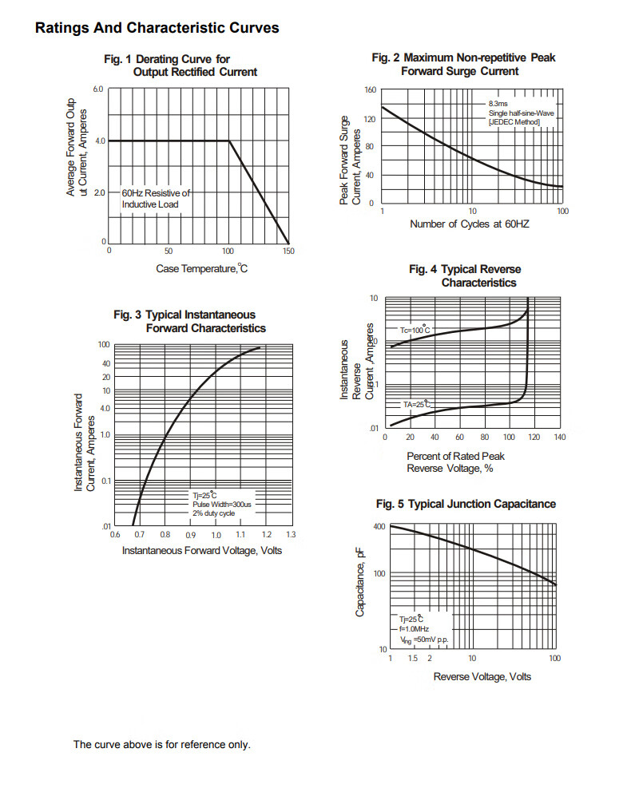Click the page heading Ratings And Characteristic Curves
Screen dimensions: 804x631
(x=157, y=28)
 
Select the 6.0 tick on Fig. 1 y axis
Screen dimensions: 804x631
(x=99, y=89)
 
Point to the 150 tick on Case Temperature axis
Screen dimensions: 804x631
(x=288, y=251)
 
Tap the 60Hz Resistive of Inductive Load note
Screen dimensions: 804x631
(x=155, y=199)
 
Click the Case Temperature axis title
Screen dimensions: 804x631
(x=201, y=268)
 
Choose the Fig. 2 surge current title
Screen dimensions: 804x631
(x=463, y=65)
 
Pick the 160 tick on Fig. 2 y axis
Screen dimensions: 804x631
(x=370, y=89)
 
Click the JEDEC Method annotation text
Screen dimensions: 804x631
(x=514, y=122)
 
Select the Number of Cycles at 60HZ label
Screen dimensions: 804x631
(x=469, y=224)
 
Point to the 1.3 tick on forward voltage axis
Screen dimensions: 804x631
(x=290, y=534)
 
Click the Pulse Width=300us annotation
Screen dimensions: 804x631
(x=221, y=505)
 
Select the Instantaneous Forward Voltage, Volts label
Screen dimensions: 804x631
(x=201, y=551)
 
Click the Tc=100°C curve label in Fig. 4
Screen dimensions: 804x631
(x=415, y=330)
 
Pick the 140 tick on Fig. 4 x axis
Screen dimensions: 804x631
(x=559, y=438)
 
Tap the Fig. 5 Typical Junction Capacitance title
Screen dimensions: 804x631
(x=466, y=504)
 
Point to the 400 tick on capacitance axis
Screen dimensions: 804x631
(x=379, y=527)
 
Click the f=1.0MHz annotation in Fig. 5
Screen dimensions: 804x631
(x=415, y=629)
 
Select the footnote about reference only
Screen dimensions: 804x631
(x=161, y=744)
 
